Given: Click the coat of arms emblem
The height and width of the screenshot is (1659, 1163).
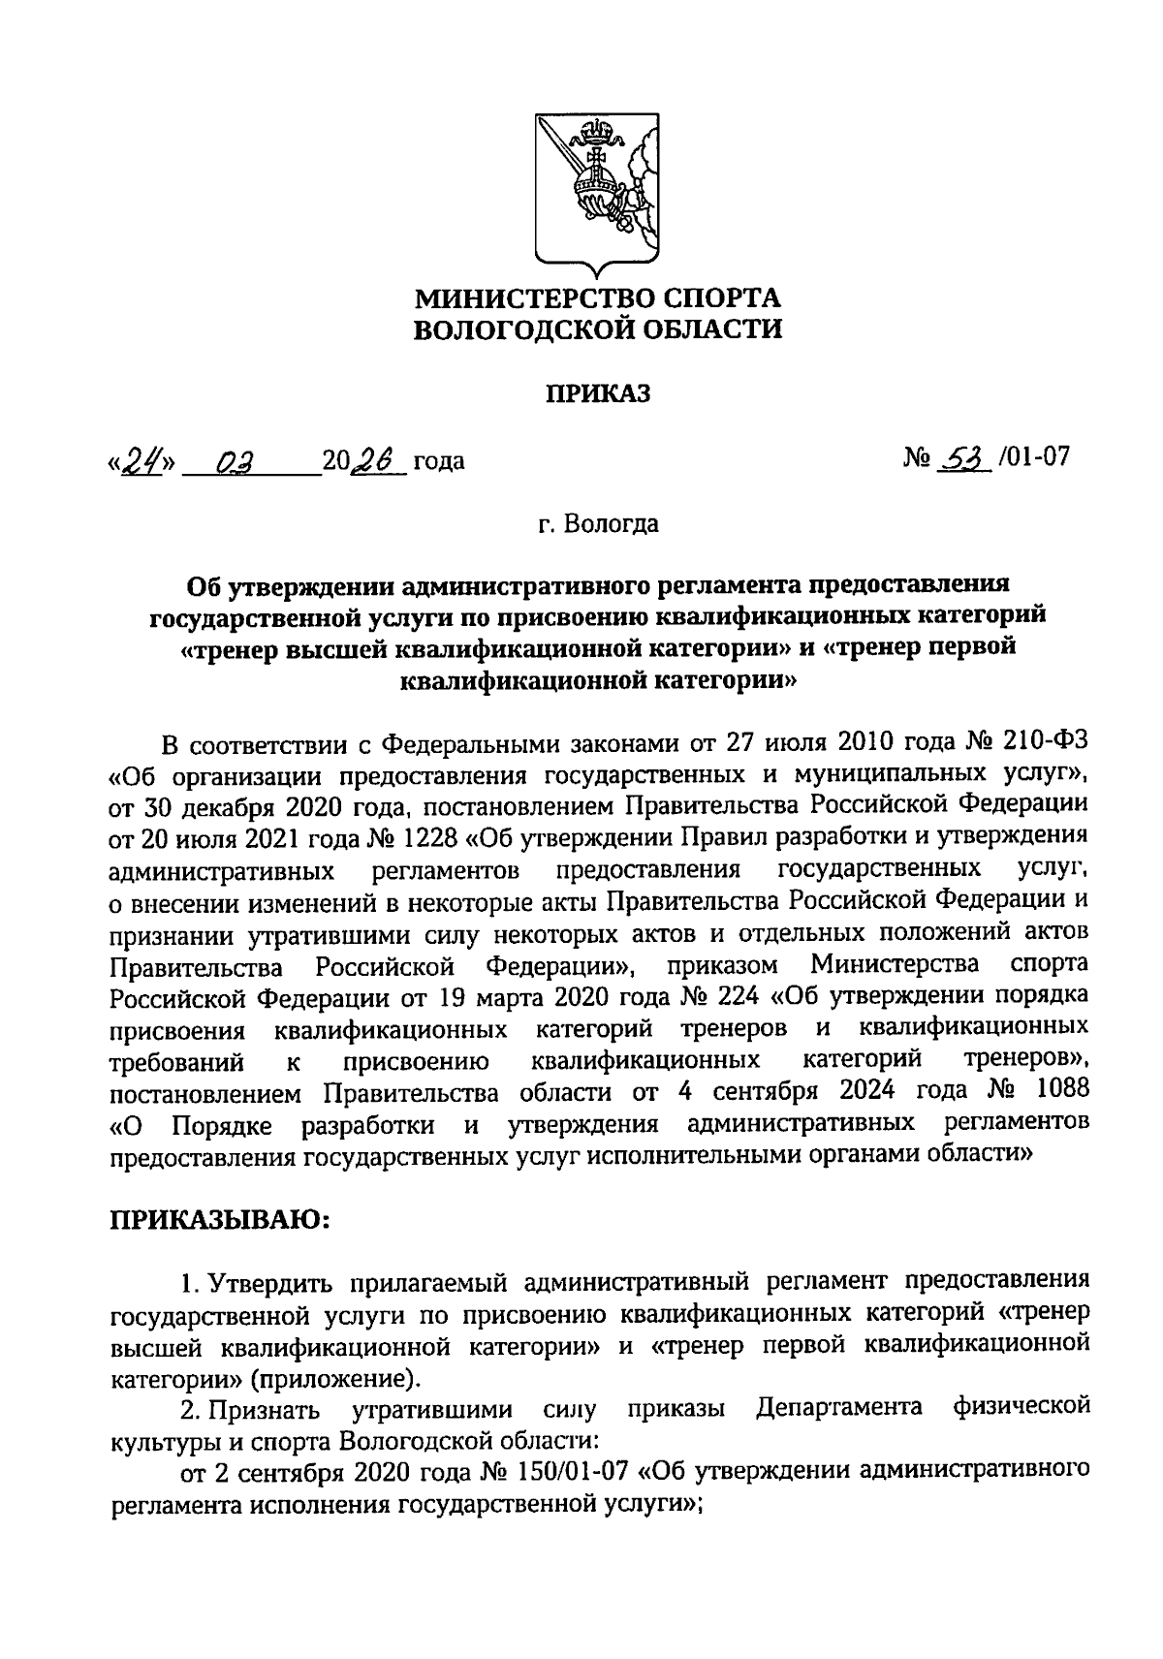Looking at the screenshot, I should [596, 189].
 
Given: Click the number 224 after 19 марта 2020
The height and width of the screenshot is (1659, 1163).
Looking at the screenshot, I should [733, 995].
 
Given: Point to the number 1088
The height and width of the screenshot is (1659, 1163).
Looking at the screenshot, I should [1062, 1088].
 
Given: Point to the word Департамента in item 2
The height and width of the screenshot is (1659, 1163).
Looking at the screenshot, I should [838, 1407].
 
